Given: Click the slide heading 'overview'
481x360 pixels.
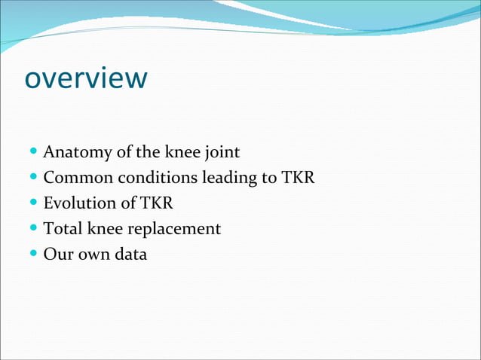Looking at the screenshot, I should pos(86,78).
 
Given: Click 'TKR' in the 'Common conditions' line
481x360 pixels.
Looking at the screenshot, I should pos(298,178).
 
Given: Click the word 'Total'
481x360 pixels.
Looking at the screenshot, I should pos(63,228).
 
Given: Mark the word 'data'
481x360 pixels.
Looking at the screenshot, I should pos(130,254).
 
